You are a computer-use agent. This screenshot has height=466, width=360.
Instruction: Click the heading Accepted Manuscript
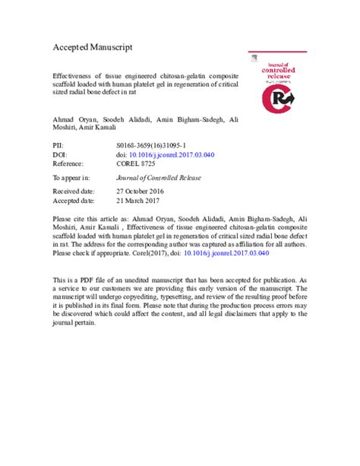[x=92, y=47]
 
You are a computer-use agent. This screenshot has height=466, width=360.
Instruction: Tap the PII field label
[x=57, y=142]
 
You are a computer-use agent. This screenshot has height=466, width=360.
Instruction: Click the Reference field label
[x=71, y=163]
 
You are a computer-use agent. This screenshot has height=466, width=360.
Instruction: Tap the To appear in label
[x=73, y=179]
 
